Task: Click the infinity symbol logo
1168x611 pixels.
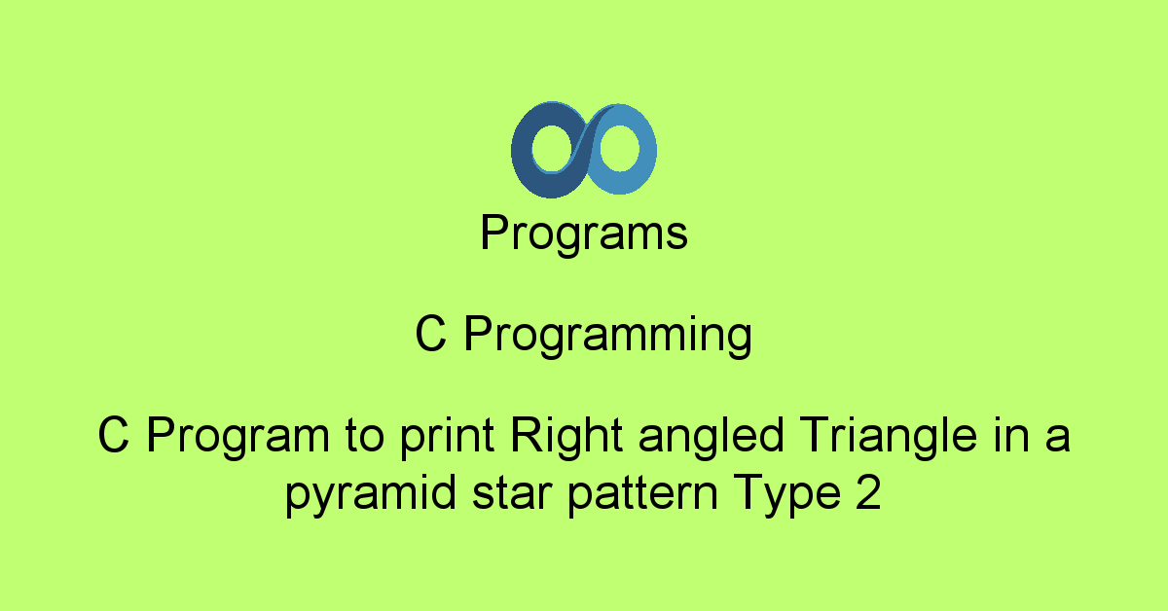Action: click(583, 150)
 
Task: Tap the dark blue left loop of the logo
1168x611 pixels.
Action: click(522, 151)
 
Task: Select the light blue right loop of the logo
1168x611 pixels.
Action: click(646, 150)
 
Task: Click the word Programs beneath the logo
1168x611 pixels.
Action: click(584, 234)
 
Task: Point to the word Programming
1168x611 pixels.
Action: click(608, 335)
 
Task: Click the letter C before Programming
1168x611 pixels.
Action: click(430, 334)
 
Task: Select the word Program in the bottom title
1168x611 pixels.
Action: click(238, 436)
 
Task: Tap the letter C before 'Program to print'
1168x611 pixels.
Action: click(113, 435)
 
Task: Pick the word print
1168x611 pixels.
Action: click(447, 437)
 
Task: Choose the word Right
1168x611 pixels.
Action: click(566, 437)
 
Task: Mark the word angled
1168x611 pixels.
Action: click(712, 437)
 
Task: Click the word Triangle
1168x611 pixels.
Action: click(889, 437)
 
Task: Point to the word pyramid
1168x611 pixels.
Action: click(371, 494)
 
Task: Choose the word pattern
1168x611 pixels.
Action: click(642, 495)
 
